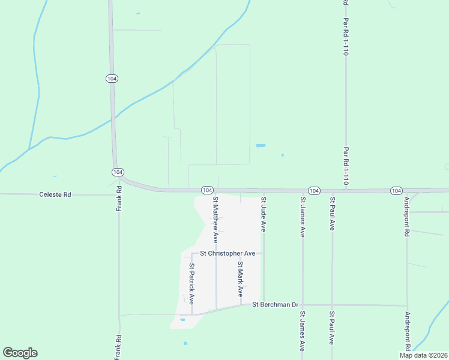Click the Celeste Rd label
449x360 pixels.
tap(55, 194)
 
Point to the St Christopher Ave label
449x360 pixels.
tap(228, 253)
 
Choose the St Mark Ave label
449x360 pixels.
tap(240, 279)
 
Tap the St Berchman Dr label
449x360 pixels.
tap(275, 305)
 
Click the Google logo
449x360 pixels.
tap(20, 353)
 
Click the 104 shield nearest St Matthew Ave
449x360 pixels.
tap(206, 190)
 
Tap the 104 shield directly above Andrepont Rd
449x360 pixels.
tap(396, 190)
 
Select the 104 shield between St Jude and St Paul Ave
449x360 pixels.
tap(313, 190)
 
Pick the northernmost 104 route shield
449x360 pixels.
tap(112, 79)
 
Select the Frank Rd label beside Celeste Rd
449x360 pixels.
tap(119, 197)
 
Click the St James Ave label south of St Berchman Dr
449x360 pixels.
tap(303, 331)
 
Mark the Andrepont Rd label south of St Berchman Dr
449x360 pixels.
tap(407, 331)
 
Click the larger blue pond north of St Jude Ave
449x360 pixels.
tap(261, 145)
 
